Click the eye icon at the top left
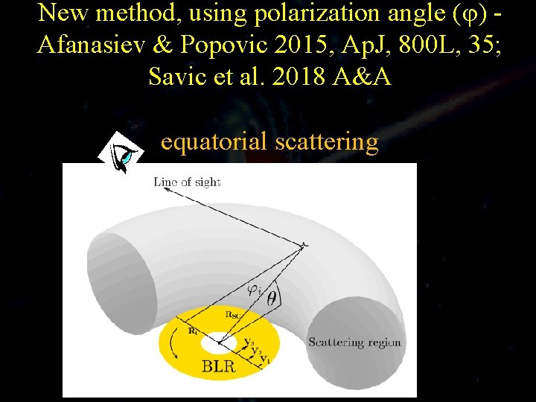point(122,152)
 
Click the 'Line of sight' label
point(187,181)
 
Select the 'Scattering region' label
point(355,342)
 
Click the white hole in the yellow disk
point(218,344)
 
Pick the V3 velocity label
point(251,342)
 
